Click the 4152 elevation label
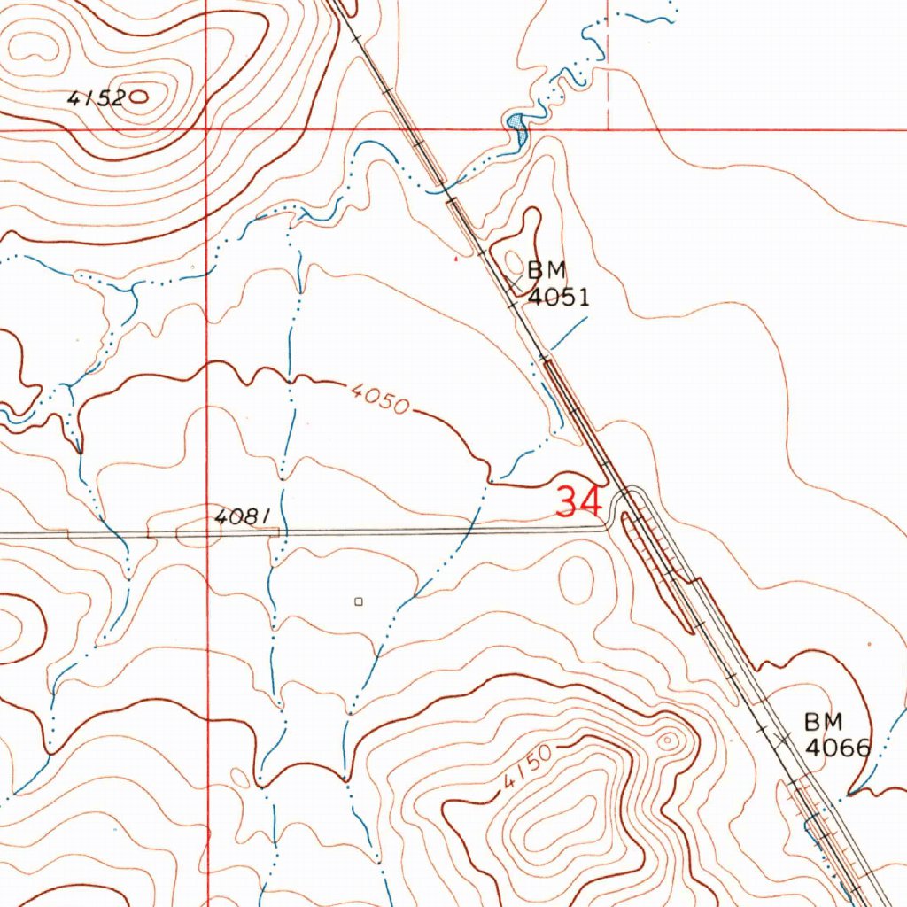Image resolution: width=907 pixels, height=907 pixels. [96, 99]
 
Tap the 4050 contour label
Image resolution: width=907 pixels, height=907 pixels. [378, 398]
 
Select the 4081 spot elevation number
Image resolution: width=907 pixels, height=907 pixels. [239, 516]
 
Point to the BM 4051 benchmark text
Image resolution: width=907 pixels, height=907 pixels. [557, 283]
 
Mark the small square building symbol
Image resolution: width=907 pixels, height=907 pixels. [359, 601]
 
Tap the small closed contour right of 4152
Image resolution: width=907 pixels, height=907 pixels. [139, 98]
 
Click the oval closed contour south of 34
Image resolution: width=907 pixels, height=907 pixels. [577, 578]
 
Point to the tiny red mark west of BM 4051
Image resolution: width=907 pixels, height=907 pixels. [456, 260]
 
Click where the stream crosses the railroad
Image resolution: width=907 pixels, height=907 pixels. [441, 189]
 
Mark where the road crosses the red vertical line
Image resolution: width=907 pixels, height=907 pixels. [207, 534]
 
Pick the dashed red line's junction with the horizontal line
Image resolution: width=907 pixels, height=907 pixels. [609, 129]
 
